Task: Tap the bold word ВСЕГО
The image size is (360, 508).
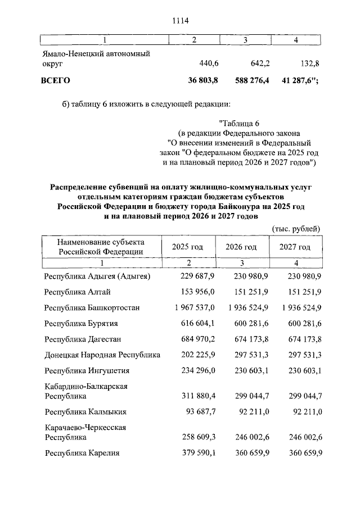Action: tap(55, 81)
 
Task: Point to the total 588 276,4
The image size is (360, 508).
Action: tap(252, 81)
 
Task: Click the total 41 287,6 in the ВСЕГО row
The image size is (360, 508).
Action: tap(298, 81)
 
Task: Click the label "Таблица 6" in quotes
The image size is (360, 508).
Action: tap(238, 123)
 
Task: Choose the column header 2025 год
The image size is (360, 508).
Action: tap(187, 247)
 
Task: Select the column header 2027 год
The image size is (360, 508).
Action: tap(295, 247)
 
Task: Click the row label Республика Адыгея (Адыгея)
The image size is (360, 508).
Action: tap(97, 276)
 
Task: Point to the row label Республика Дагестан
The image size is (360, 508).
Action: tap(82, 339)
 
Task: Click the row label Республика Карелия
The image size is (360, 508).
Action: tap(82, 452)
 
